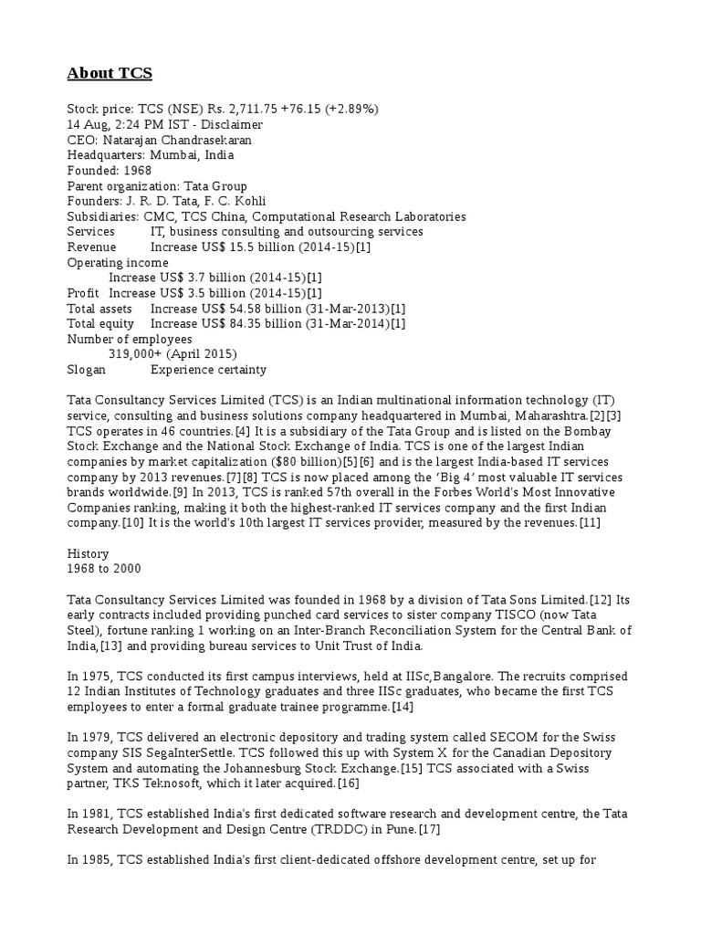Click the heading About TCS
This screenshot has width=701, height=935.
110,73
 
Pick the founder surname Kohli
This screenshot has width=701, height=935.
251,202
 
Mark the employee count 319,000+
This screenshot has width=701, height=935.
138,354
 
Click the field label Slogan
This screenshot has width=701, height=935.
87,370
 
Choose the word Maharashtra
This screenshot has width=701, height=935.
548,415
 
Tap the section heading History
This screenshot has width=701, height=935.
89,553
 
